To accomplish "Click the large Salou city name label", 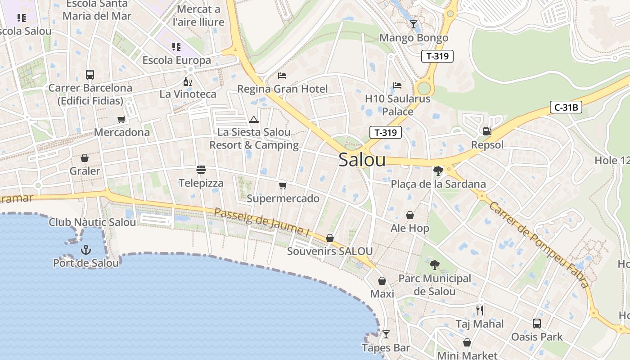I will click(x=362, y=160).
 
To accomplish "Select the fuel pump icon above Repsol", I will click(x=487, y=131).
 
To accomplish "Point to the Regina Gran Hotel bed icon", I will click(x=282, y=75).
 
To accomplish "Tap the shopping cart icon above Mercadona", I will click(x=121, y=119).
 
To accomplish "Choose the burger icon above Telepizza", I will click(x=201, y=170).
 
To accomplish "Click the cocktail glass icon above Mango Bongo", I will click(x=414, y=24).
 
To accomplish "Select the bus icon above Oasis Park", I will click(x=536, y=323).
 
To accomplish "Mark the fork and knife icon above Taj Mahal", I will click(x=480, y=310).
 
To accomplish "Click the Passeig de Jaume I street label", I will click(x=262, y=222).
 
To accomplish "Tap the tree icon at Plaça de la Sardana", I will click(x=438, y=171).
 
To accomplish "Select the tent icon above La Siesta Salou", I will click(x=254, y=119).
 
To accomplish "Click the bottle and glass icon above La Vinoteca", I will click(x=188, y=81).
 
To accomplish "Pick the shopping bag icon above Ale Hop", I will click(x=409, y=215).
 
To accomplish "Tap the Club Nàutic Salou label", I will click(x=92, y=222).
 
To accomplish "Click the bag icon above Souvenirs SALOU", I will click(x=330, y=238).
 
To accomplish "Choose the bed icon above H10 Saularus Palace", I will click(x=397, y=85).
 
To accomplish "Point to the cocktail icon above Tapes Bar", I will click(x=386, y=334).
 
